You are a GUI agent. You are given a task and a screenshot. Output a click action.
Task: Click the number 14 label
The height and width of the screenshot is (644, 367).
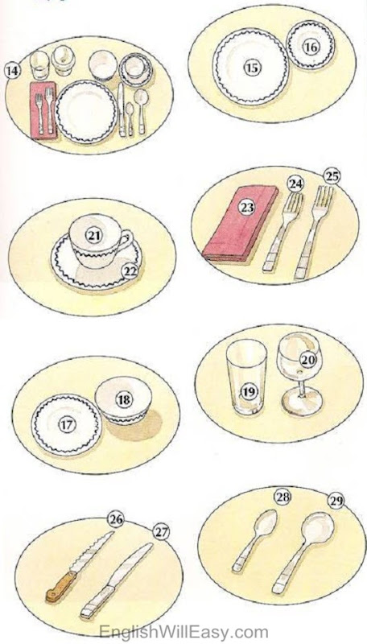13,71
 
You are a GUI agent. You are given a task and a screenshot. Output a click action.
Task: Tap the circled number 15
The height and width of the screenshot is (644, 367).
252,68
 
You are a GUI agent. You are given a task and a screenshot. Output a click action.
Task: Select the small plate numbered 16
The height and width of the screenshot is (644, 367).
311,45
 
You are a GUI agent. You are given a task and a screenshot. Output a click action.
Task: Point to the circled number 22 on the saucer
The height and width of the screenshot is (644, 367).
130,271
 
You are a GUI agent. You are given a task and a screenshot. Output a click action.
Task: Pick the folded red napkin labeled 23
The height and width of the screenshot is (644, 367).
241,223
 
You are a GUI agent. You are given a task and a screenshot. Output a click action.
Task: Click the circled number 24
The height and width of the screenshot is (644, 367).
295,184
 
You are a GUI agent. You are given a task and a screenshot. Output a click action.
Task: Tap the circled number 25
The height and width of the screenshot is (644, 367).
332,176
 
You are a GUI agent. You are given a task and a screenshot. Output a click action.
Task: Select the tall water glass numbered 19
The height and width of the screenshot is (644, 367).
246,377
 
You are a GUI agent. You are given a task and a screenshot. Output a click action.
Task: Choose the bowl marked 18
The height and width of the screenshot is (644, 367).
123,399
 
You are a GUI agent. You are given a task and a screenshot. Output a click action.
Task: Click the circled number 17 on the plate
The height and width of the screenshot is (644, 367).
66,425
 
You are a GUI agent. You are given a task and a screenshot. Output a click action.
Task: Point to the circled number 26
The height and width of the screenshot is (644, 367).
116,519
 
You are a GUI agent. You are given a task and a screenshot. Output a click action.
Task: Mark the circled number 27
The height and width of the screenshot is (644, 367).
161,532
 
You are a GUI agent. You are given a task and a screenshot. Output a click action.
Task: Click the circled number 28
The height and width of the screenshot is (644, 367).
282,497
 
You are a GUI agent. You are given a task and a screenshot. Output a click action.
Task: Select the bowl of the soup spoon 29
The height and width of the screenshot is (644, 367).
317,528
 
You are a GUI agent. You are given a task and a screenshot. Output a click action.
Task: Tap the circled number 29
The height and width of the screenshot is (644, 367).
336,501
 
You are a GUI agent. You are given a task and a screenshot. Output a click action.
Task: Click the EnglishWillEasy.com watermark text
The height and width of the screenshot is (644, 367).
183,632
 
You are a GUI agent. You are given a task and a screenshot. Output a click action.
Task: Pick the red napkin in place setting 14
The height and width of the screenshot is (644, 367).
43,110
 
